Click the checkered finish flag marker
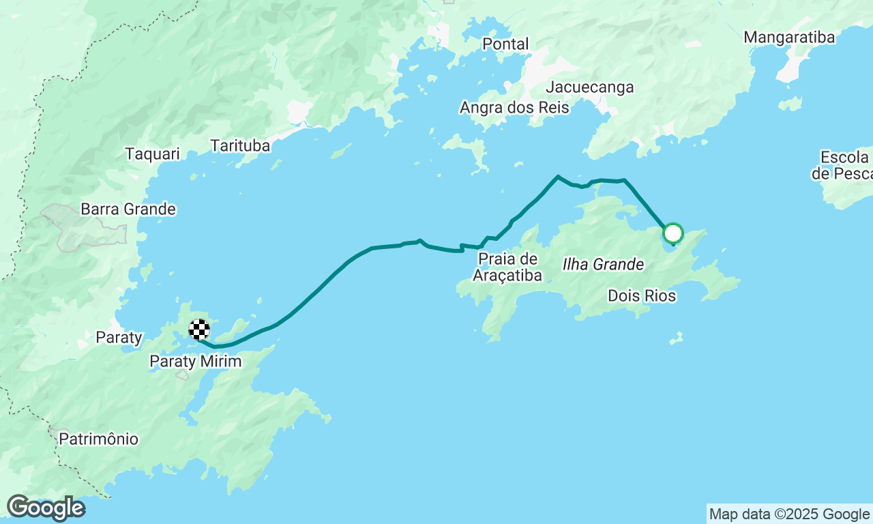pyautogui.click(x=198, y=330)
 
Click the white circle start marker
pyautogui.click(x=673, y=234)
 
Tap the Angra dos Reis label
pyautogui.click(x=514, y=108)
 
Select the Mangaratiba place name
pyautogui.click(x=788, y=38)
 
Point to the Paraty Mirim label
pyautogui.click(x=196, y=362)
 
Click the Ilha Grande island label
pyautogui.click(x=603, y=264)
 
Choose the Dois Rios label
pyautogui.click(x=641, y=296)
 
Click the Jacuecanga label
pyautogui.click(x=590, y=87)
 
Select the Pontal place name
pyautogui.click(x=505, y=44)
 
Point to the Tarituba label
pyautogui.click(x=240, y=146)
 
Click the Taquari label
pyautogui.click(x=152, y=154)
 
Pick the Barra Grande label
pyautogui.click(x=128, y=209)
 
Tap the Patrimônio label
pyautogui.click(x=98, y=439)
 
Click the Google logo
pyautogui.click(x=46, y=508)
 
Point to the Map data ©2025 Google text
pyautogui.click(x=789, y=514)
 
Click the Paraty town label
pyautogui.click(x=119, y=337)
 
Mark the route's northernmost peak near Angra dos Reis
pyautogui.click(x=558, y=176)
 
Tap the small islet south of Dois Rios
pyautogui.click(x=676, y=338)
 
